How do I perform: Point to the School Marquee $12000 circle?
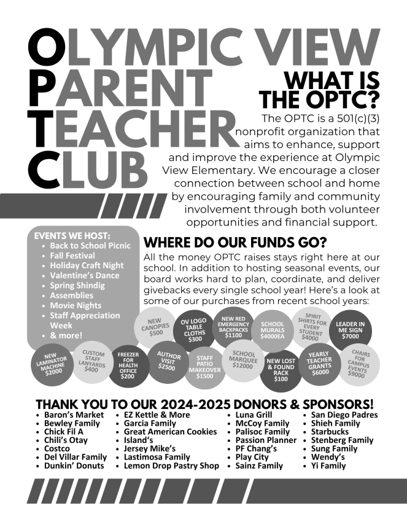[244, 359]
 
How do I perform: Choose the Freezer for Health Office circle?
[129, 367]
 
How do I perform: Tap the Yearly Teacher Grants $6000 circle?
[319, 364]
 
